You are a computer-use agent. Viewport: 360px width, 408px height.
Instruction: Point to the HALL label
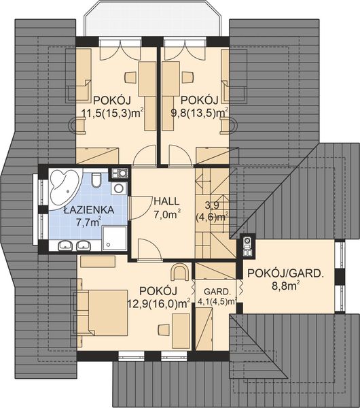point(166,201)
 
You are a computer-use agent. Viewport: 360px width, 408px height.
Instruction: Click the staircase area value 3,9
point(212,205)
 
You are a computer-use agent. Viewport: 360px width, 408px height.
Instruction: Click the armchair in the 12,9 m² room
point(180,272)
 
